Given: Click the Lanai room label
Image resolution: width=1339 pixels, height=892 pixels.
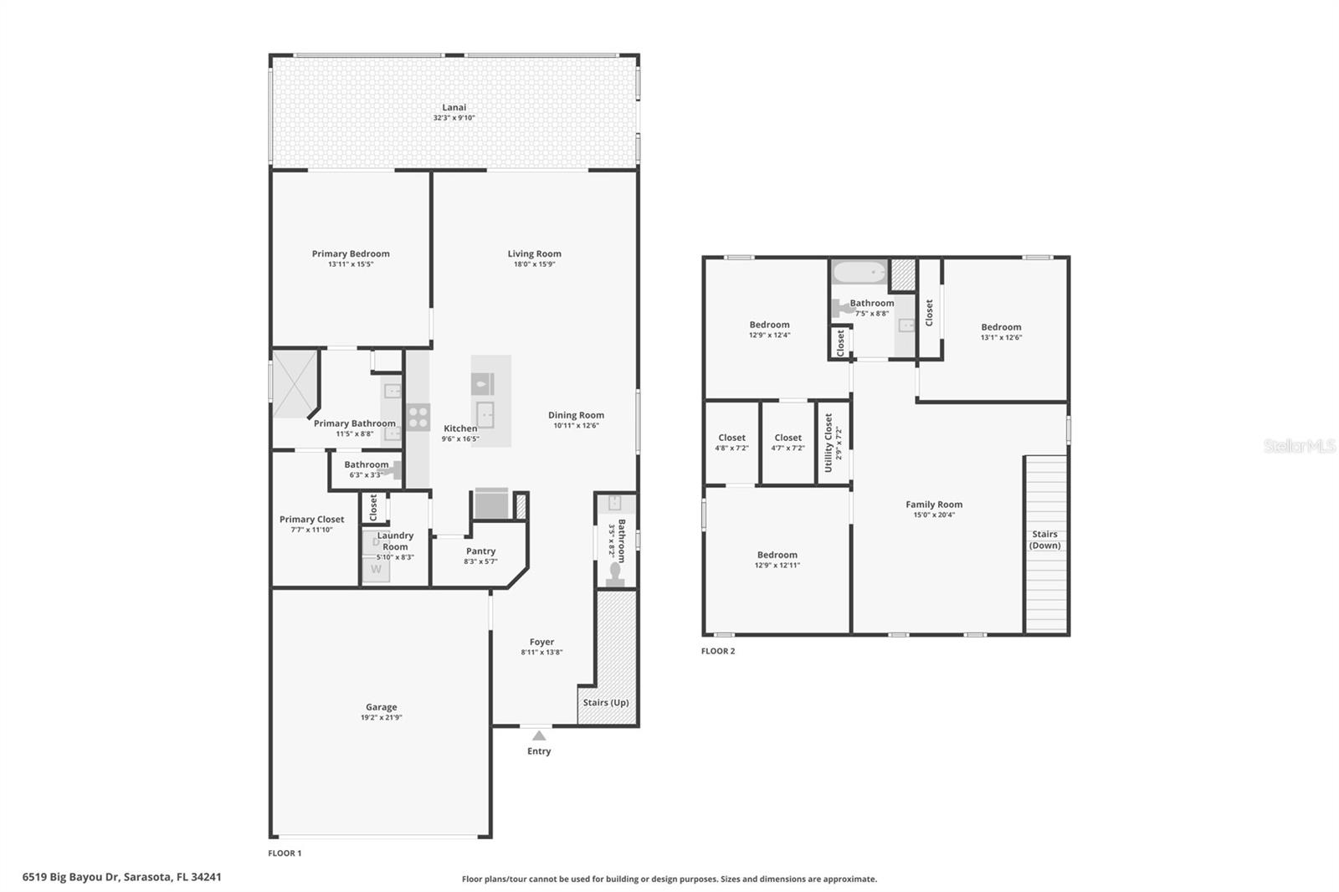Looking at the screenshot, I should [x=454, y=107].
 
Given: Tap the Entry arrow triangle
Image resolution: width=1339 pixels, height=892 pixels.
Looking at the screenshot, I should [x=539, y=736].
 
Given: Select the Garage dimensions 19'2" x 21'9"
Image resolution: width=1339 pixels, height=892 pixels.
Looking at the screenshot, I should [x=381, y=718].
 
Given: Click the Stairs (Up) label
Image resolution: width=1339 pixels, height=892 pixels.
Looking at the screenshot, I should [x=606, y=702].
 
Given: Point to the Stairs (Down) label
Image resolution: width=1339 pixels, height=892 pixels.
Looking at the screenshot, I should [x=1044, y=540].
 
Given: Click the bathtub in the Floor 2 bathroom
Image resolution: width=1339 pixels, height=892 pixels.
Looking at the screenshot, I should [x=859, y=273].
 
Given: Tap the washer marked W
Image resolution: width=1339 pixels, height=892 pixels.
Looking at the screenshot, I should [x=376, y=569].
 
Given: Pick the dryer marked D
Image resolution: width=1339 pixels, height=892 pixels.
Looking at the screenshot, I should [x=376, y=542].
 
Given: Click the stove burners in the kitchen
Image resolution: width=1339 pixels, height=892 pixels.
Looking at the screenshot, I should [x=418, y=417].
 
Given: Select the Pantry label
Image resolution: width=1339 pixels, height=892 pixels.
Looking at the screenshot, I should [x=480, y=551].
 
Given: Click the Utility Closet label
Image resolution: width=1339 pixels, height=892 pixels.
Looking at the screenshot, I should [x=829, y=443].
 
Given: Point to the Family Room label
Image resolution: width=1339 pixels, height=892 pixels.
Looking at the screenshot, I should [x=934, y=505].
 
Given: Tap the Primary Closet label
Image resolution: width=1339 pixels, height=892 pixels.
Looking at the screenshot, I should [x=311, y=520].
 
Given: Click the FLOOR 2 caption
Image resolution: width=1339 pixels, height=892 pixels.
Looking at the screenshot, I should [x=718, y=651].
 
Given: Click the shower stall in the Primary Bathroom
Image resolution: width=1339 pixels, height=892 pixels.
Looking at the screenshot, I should [x=295, y=383].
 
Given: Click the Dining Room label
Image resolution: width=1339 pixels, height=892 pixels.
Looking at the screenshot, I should [x=576, y=415].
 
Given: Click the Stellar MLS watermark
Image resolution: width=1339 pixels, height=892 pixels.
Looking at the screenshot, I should [x=1299, y=447].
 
